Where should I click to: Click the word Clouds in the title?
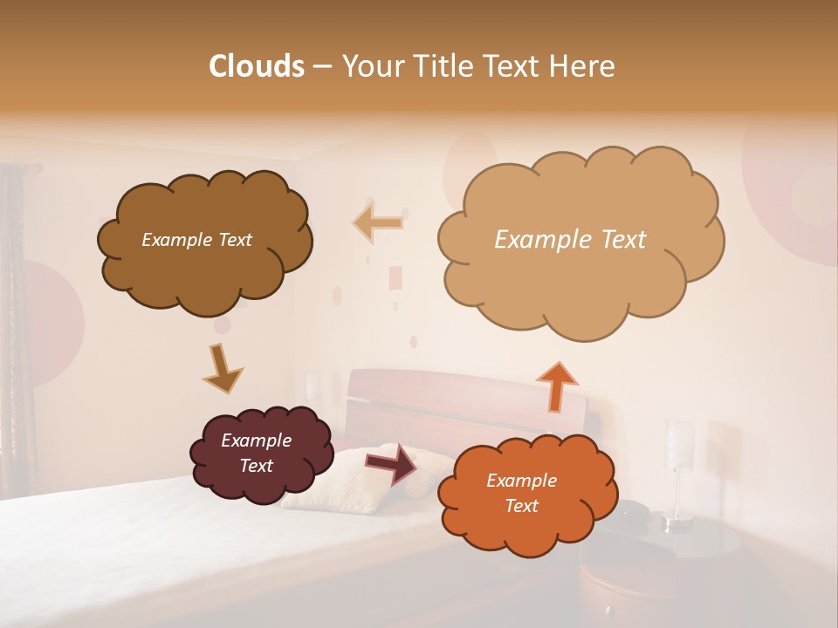(257, 66)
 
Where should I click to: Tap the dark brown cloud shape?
(204, 270)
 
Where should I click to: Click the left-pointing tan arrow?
(378, 222)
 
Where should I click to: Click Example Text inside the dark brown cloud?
(196, 240)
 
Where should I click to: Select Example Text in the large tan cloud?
(570, 240)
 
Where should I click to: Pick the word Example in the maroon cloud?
(256, 440)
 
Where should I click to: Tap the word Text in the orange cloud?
(521, 506)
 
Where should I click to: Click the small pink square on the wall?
(395, 277)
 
